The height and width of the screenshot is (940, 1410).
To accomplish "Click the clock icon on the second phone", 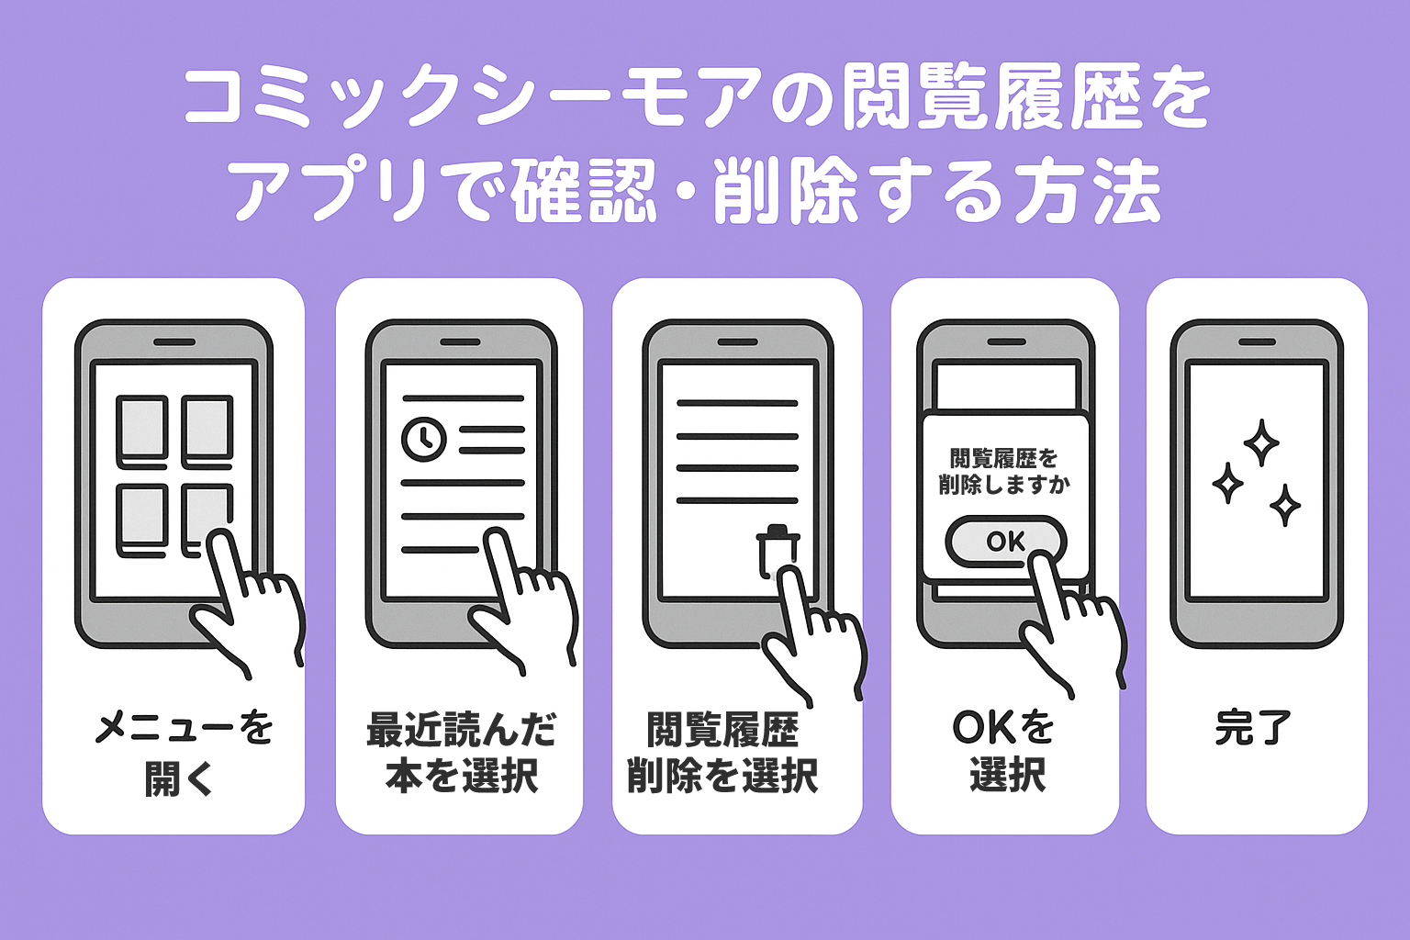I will (424, 439).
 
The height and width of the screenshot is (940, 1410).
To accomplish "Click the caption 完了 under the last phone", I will (1253, 728).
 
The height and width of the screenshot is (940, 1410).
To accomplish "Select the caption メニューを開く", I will (183, 753).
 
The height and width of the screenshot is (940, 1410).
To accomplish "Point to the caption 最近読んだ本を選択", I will (461, 753).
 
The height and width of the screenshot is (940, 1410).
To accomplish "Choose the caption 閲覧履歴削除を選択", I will (722, 753).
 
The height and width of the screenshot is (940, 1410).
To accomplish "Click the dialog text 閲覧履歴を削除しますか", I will (1004, 471).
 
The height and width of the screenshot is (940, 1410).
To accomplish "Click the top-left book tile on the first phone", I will (142, 429).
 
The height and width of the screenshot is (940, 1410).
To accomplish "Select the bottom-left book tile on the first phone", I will (142, 520).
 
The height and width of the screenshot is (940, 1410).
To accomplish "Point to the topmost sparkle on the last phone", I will (1261, 442).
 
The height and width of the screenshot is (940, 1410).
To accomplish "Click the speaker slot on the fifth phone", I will (1256, 342).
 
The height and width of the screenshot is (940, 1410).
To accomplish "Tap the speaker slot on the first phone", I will (174, 342).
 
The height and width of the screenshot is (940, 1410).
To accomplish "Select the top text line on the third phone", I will (737, 403).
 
